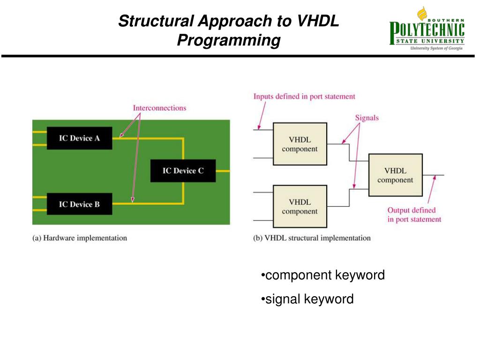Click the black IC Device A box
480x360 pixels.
coord(79,138)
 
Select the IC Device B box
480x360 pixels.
coord(79,204)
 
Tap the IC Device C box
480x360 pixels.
coord(183,171)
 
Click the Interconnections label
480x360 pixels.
coord(159,108)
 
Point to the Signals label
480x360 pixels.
coord(367,118)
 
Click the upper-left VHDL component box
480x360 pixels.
coord(300,144)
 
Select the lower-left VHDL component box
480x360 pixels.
coord(300,207)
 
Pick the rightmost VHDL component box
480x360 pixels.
coord(395,175)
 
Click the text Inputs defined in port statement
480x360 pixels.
coord(304,97)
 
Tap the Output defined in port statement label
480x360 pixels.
coord(414,215)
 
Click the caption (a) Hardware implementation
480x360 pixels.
coord(80,238)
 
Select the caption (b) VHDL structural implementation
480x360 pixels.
coord(312,238)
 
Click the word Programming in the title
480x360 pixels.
coord(228,40)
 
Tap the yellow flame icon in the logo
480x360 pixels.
coord(422,13)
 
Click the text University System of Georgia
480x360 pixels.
coord(436,48)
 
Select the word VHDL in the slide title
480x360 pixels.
coord(317,21)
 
